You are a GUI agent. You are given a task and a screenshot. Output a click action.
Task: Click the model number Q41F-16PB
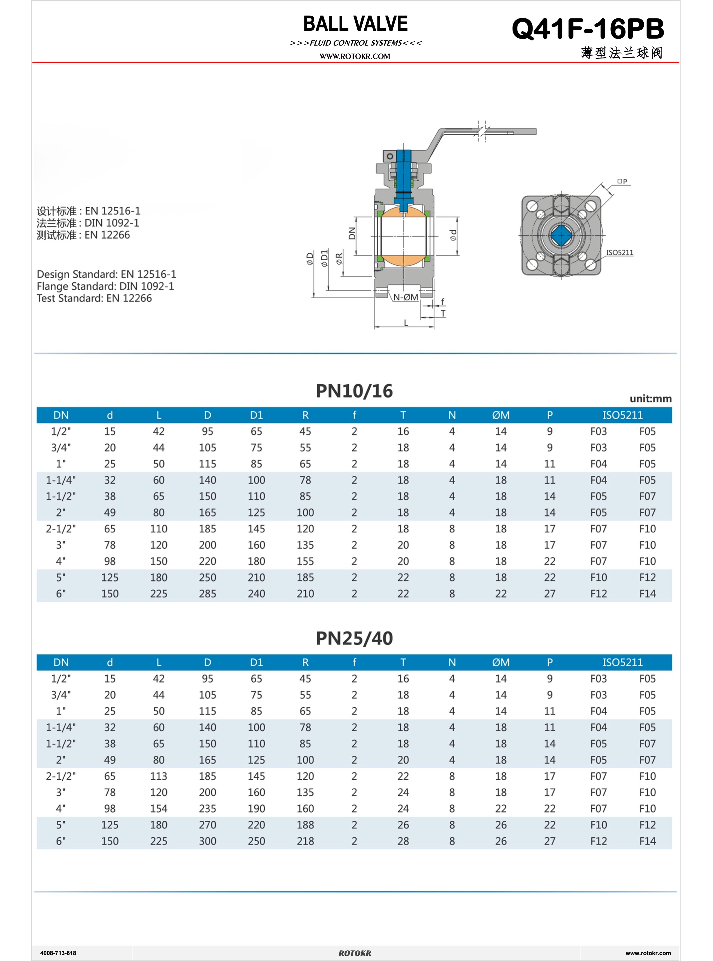[587, 29]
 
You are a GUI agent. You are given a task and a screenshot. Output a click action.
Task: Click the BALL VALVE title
[355, 24]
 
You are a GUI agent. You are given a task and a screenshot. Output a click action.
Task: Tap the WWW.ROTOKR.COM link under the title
[355, 56]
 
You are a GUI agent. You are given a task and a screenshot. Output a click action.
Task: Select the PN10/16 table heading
[354, 391]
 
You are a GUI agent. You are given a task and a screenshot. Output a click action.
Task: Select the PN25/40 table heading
[354, 638]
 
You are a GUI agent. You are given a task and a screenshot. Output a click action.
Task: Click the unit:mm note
[650, 399]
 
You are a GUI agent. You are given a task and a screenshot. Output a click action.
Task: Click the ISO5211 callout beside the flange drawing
[619, 252]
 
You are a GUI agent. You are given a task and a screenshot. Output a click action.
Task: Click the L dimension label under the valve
[406, 323]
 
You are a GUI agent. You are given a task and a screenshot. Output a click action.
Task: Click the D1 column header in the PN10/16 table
[256, 415]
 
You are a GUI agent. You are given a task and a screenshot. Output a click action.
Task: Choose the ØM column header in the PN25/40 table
[501, 662]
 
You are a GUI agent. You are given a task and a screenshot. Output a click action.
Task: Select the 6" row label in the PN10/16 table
[61, 594]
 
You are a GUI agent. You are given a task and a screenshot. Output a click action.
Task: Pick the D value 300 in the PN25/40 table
[207, 841]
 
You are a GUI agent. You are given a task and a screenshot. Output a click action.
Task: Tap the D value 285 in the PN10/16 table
[207, 594]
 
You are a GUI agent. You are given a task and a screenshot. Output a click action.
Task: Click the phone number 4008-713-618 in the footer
[58, 953]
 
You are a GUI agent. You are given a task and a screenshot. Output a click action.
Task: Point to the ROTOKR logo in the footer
[355, 953]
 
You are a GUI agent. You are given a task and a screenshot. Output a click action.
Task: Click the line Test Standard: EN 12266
[94, 298]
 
